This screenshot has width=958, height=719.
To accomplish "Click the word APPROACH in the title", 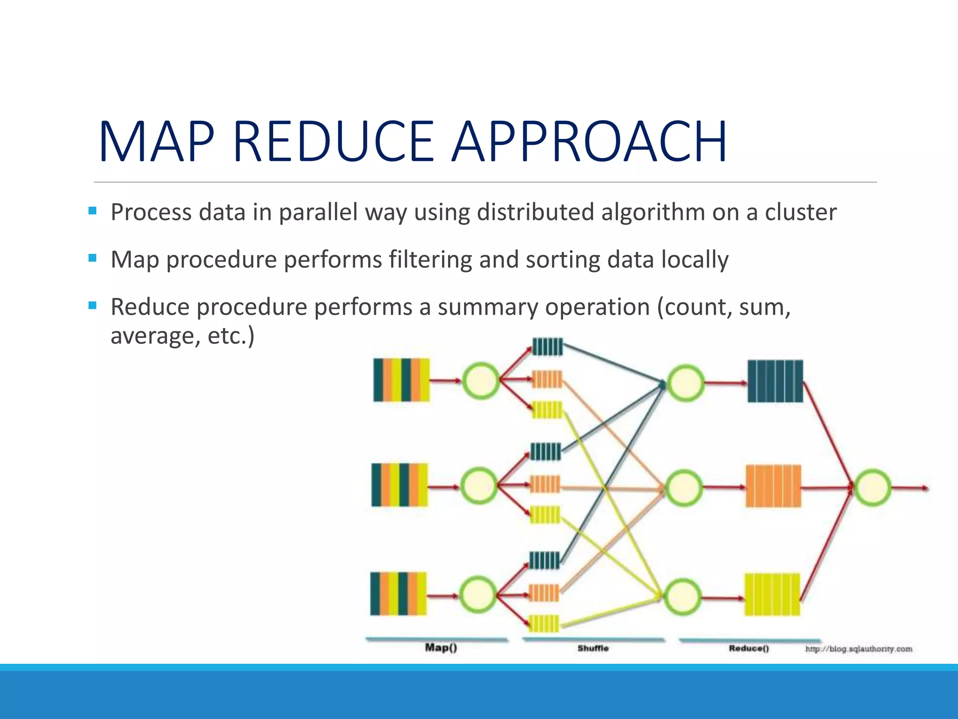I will (589, 141).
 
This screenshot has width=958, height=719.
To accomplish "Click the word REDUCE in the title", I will (334, 141).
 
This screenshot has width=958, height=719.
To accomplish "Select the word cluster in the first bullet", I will (800, 212).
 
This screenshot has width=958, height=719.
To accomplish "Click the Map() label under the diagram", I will (441, 647).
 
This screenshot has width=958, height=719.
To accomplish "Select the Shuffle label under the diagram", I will (593, 648).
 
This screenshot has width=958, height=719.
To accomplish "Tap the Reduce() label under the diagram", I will (748, 648).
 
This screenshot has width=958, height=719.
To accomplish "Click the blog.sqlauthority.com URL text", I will (858, 649).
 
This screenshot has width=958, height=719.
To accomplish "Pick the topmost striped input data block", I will (401, 380).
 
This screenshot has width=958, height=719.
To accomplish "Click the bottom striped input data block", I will (399, 594).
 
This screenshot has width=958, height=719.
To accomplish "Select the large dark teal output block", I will (775, 381).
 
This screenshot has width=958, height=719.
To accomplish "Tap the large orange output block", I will (773, 486).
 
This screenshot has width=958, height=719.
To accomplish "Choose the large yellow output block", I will (772, 594).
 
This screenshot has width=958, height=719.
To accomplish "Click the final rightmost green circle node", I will (872, 488).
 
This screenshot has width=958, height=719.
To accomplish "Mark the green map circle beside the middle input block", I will (479, 486).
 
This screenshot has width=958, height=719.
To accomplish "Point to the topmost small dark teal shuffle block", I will (547, 347).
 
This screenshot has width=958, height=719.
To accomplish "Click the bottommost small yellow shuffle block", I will (544, 624).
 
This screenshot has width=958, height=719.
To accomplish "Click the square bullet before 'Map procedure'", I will (92, 258).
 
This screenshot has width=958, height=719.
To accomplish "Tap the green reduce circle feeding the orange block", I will (684, 488).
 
